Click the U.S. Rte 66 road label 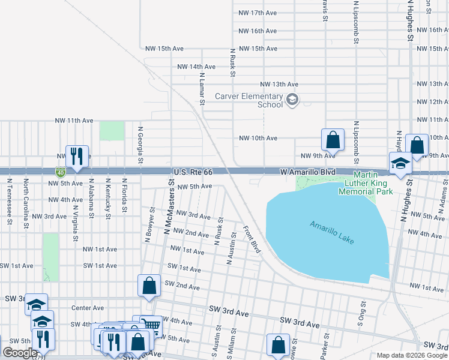[192, 172]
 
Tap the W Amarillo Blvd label [307, 172]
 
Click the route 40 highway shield [61, 172]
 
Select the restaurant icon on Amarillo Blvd [77, 157]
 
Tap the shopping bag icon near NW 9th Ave [333, 140]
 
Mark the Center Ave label [83, 308]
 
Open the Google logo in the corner [20, 353]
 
